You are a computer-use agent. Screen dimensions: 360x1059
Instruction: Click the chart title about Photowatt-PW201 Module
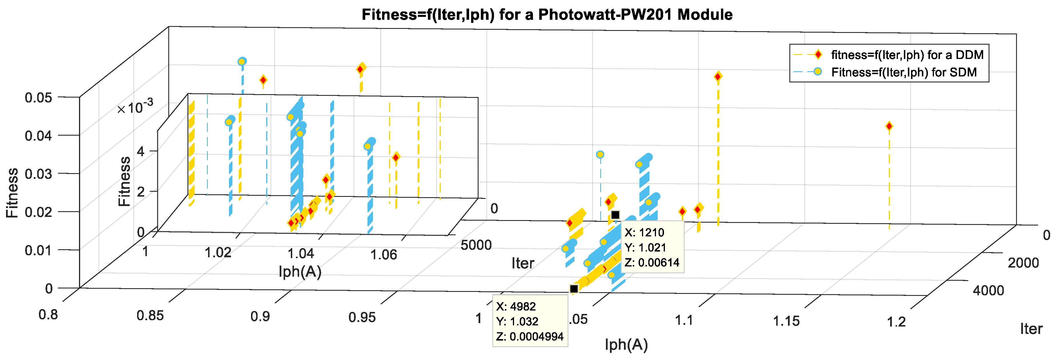(547, 15)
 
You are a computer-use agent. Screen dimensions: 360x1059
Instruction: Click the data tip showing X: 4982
(530, 321)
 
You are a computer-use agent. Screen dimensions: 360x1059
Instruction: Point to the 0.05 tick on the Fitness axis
(39, 98)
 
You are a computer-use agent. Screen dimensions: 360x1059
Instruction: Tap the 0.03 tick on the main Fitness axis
(39, 174)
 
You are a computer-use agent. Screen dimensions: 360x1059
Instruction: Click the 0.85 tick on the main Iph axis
(150, 316)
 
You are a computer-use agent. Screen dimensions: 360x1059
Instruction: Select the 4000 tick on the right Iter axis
(988, 290)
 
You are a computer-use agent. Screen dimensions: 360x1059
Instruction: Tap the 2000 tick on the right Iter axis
(1023, 263)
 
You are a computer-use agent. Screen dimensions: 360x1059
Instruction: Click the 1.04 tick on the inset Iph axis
(301, 254)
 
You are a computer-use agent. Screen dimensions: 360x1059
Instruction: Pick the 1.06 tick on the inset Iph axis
(384, 255)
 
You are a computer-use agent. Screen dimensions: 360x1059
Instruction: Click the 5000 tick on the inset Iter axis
(476, 245)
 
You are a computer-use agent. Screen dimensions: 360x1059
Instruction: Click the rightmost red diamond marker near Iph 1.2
(889, 126)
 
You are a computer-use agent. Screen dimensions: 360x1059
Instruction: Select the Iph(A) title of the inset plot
(300, 271)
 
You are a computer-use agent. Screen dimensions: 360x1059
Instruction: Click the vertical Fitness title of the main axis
(12, 193)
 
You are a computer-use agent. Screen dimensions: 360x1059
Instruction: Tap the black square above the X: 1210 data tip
(615, 215)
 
